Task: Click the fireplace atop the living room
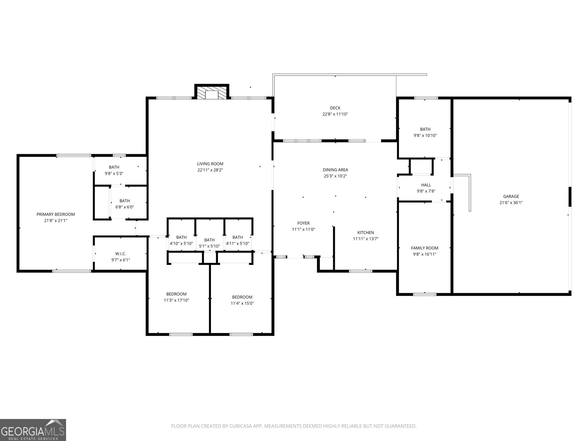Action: point(212,93)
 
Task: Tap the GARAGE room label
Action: point(511,196)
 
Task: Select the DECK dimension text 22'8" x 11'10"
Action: point(335,114)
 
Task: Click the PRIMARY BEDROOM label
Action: point(55,214)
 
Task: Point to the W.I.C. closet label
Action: point(121,254)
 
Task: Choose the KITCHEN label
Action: point(366,232)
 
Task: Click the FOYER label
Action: point(303,223)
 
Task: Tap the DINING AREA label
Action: point(335,170)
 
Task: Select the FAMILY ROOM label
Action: point(424,248)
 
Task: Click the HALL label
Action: point(426,185)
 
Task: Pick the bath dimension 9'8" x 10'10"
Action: point(425,135)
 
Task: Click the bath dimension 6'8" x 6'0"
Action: point(125,207)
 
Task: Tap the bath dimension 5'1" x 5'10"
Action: point(209,246)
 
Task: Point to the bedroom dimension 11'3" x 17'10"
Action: point(176,300)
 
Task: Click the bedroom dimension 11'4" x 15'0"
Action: point(242,303)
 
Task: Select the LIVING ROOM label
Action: point(210,164)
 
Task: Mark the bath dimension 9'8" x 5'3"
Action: point(114,173)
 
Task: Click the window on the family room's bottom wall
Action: point(425,294)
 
